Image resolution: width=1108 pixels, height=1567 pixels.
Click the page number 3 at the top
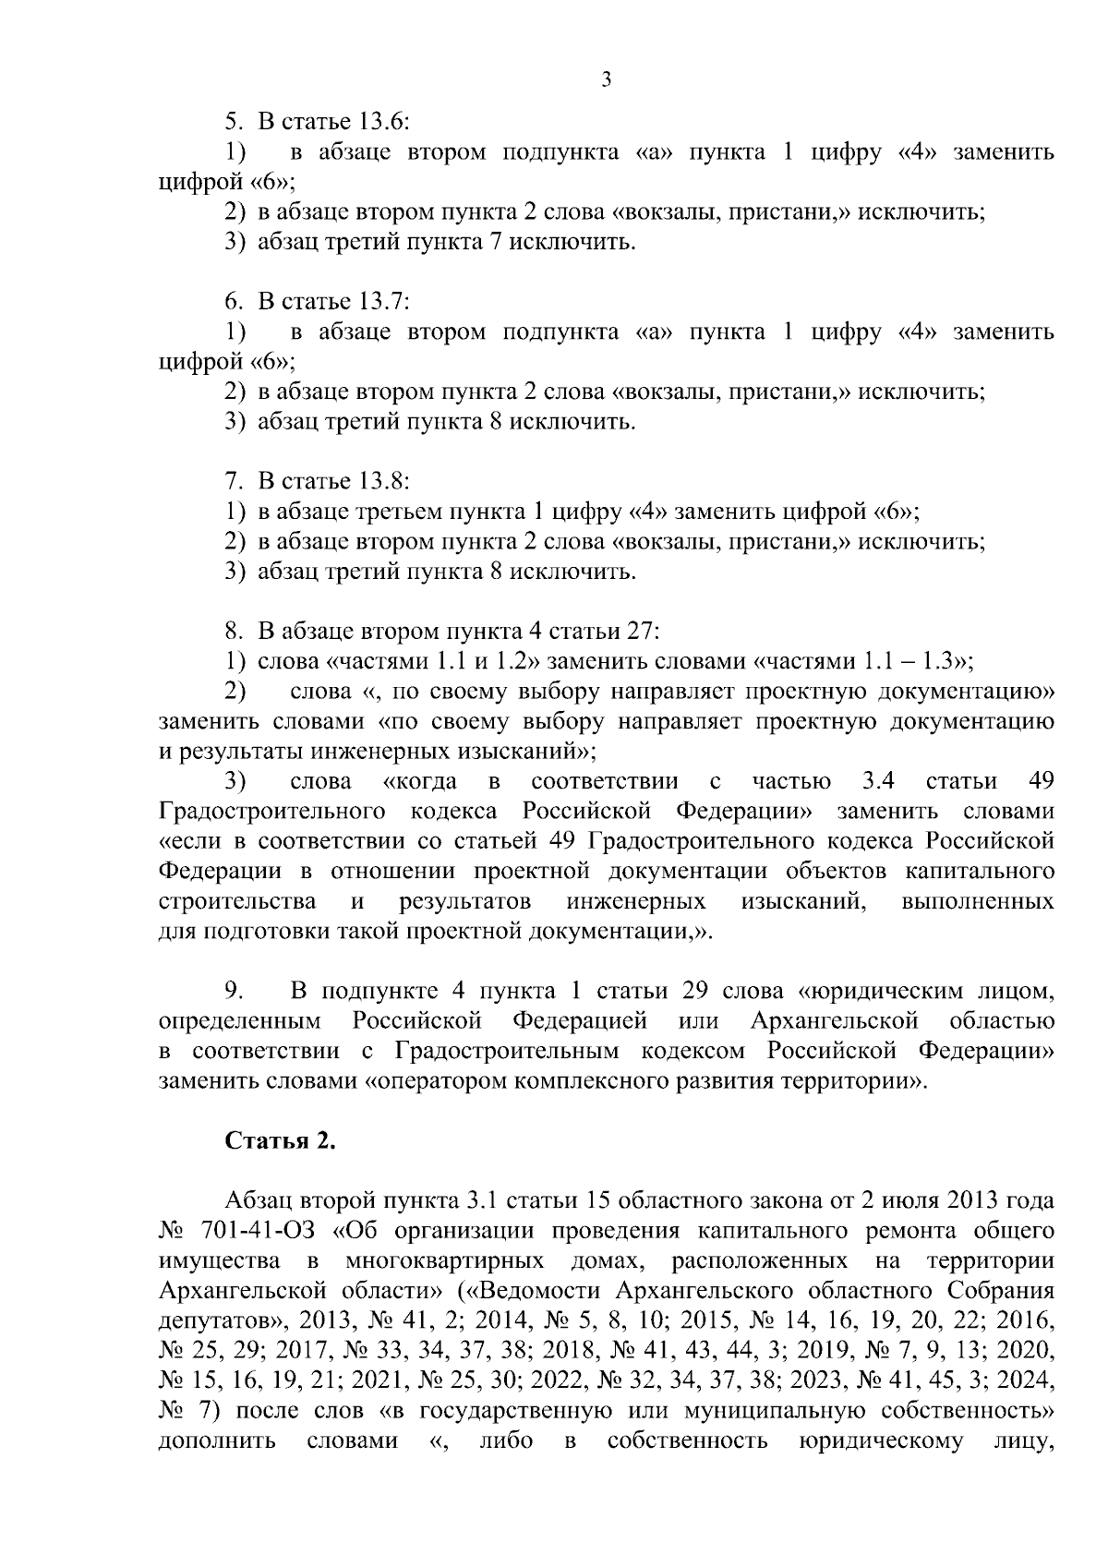pos(606,80)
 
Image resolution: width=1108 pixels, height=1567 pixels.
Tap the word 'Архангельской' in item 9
pos(835,1020)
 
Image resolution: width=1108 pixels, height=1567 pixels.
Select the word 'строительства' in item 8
pos(237,901)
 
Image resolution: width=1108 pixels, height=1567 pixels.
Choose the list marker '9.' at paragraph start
pos(234,991)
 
